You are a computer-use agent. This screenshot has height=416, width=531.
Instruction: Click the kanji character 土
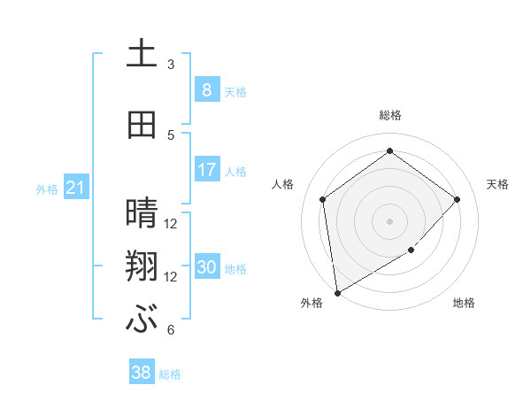pyautogui.click(x=142, y=53)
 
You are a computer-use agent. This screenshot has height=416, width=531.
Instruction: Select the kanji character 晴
pyautogui.click(x=142, y=212)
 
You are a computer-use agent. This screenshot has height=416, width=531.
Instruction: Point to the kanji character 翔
pyautogui.click(x=142, y=266)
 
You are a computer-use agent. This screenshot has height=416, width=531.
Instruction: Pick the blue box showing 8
pyautogui.click(x=206, y=90)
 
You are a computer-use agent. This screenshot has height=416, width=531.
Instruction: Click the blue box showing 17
pyautogui.click(x=206, y=170)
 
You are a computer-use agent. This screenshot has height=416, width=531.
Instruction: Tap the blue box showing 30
pyautogui.click(x=206, y=267)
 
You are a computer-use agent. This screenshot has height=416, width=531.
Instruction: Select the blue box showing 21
pyautogui.click(x=75, y=188)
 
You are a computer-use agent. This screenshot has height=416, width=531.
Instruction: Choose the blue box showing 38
pyautogui.click(x=141, y=373)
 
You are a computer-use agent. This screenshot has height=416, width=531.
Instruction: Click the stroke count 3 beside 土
pyautogui.click(x=171, y=65)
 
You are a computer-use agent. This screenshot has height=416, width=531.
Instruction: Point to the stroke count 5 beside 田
pyautogui.click(x=171, y=135)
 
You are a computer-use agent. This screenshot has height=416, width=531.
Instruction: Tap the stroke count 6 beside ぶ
pyautogui.click(x=171, y=330)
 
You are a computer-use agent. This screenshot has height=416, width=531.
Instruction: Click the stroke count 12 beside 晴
pyautogui.click(x=171, y=224)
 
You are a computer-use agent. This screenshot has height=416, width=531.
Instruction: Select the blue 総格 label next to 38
pyautogui.click(x=170, y=374)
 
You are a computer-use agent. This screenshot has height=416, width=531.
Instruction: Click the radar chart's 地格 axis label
pyautogui.click(x=464, y=304)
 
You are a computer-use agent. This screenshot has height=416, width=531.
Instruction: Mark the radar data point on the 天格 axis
pyautogui.click(x=458, y=199)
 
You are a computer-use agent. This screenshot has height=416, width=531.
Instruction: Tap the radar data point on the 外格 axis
pyautogui.click(x=337, y=292)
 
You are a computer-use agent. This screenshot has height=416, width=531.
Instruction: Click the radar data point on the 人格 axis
pyautogui.click(x=323, y=199)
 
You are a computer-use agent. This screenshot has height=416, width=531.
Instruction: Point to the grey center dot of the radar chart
pyautogui.click(x=389, y=220)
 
